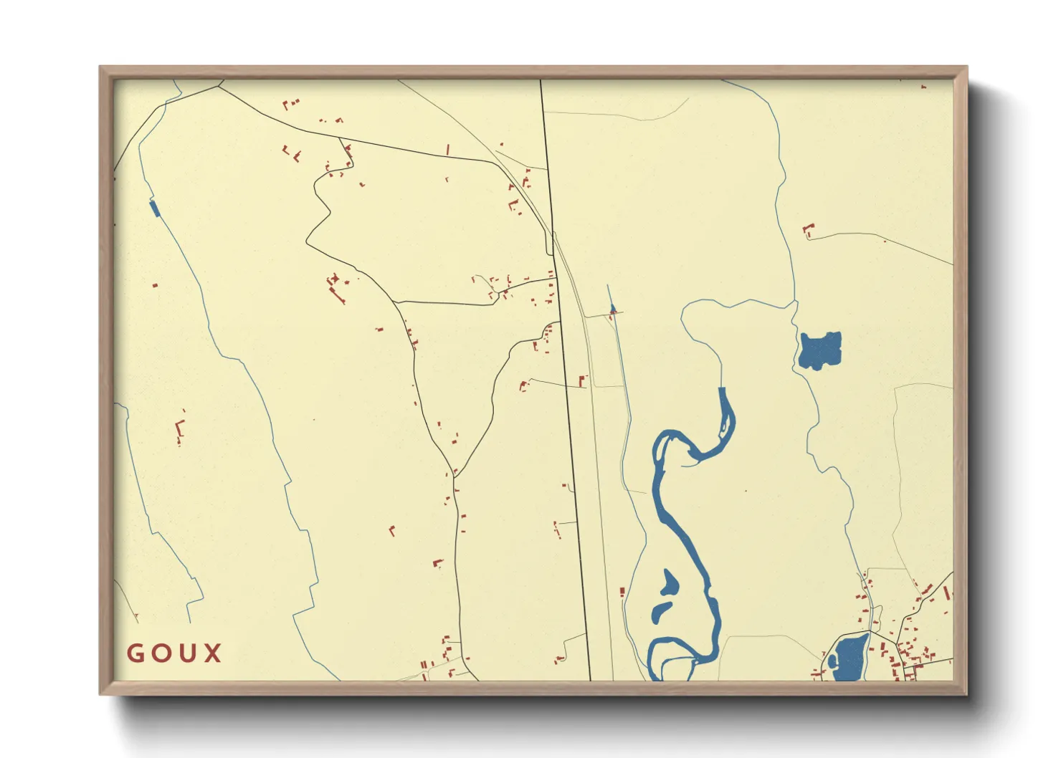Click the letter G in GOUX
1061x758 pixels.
pyautogui.click(x=135, y=653)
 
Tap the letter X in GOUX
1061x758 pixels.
pyautogui.click(x=212, y=653)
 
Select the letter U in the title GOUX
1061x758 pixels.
pyautogui.click(x=186, y=653)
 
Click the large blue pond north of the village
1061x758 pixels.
pyautogui.click(x=819, y=350)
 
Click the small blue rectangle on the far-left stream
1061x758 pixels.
pyautogui.click(x=153, y=208)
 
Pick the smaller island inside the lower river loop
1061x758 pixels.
pyautogui.click(x=661, y=610)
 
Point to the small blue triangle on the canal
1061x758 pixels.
pyautogui.click(x=612, y=309)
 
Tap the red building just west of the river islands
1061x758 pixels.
pyautogui.click(x=622, y=591)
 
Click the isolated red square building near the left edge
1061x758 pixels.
pyautogui.click(x=155, y=285)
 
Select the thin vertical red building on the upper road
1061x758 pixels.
pyautogui.click(x=448, y=150)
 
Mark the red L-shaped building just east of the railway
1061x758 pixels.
pyautogui.click(x=582, y=380)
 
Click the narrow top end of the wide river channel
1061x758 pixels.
pyautogui.click(x=723, y=390)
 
